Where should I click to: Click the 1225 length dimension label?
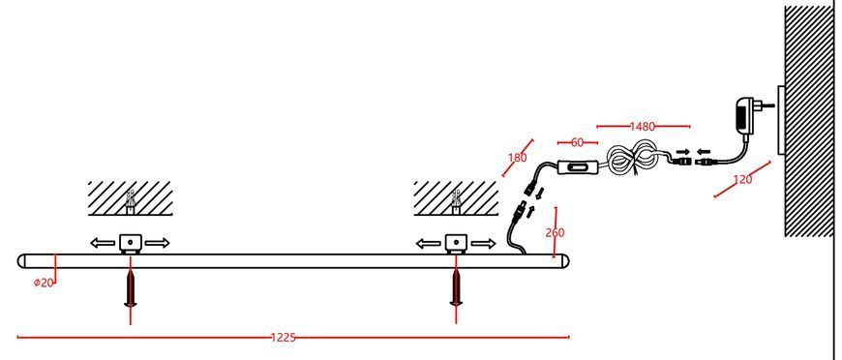(x=283, y=338)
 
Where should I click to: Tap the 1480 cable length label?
(x=643, y=127)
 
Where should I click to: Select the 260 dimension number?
(x=556, y=232)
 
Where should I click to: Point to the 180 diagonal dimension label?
(x=518, y=158)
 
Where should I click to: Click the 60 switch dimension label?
(x=577, y=142)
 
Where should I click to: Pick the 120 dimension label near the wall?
(x=742, y=179)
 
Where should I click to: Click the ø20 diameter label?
(x=44, y=283)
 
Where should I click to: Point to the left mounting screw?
(x=131, y=288)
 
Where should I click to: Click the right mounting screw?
(x=456, y=288)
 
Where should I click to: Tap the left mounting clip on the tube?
(x=130, y=244)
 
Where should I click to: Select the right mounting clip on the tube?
(x=456, y=244)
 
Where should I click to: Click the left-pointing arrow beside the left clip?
(x=103, y=244)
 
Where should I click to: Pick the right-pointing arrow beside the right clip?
(x=483, y=244)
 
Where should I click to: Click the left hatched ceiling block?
(x=130, y=198)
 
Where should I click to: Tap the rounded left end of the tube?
(x=22, y=261)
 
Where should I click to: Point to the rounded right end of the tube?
(x=564, y=261)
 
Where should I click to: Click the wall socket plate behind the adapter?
(x=781, y=120)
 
